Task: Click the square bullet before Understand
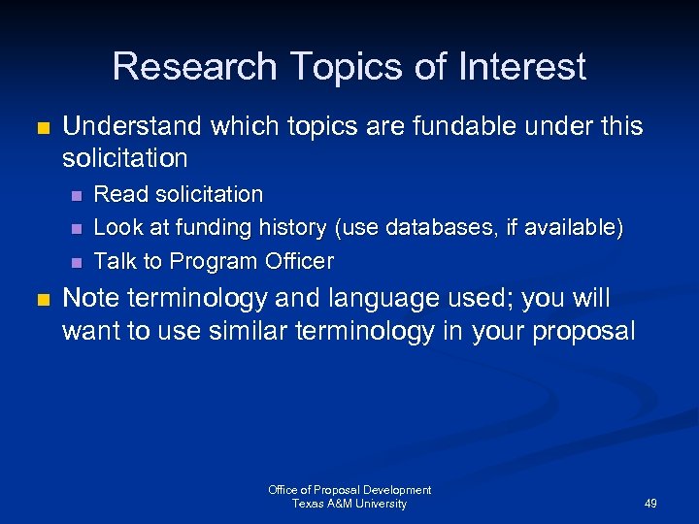pyautogui.click(x=42, y=127)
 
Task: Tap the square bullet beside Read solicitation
pyautogui.click(x=75, y=195)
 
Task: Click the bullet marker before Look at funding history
pyautogui.click(x=75, y=229)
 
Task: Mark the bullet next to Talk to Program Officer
pyautogui.click(x=75, y=262)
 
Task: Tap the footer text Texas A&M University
pyautogui.click(x=349, y=504)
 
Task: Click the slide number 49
pyautogui.click(x=649, y=504)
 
